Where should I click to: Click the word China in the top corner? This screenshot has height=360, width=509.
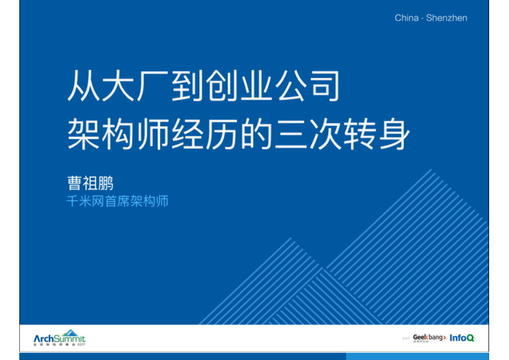coord(406,18)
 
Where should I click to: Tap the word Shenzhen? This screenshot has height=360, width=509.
coord(446,18)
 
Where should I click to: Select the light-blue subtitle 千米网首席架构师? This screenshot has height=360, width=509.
coord(117,202)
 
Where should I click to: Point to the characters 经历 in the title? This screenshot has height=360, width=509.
coord(204,133)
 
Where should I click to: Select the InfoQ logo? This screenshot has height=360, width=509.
coord(462,338)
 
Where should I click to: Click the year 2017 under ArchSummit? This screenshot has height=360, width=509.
coord(81,345)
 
